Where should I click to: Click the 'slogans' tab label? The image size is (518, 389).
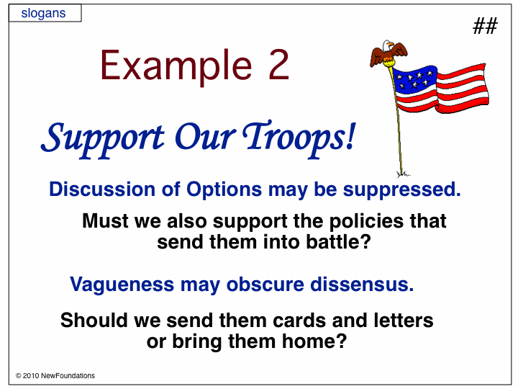coord(43,13)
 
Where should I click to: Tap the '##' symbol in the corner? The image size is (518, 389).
coord(485,26)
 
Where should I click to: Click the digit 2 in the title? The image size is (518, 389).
coord(278,65)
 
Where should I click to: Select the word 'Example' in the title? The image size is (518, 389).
coord(176,67)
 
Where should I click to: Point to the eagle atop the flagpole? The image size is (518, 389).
coord(388,53)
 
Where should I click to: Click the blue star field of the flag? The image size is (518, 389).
coord(415,79)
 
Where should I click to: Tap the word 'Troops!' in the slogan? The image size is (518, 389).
coord(299,138)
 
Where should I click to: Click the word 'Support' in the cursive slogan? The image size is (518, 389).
coord(103,139)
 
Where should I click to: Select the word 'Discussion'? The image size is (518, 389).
coord(102,189)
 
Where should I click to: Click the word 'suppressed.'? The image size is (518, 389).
coord(401,190)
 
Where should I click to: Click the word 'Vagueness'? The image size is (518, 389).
coord(122,285)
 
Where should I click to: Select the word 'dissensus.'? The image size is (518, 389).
coord(362,284)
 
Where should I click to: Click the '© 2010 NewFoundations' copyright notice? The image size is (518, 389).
coord(55,376)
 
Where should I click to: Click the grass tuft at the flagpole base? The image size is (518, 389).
coord(403,174)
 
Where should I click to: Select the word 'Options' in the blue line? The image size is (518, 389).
coord(224,190)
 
